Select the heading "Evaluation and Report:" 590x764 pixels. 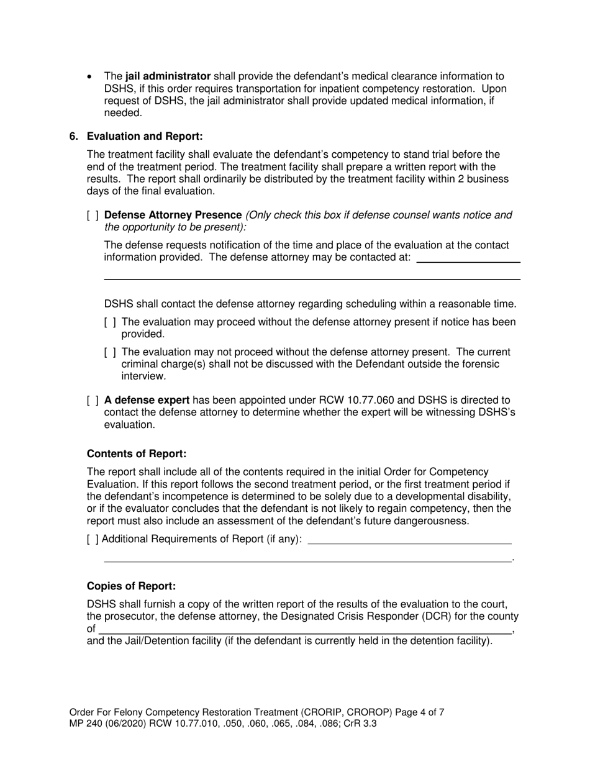click(x=145, y=136)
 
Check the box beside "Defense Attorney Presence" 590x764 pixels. click(x=93, y=216)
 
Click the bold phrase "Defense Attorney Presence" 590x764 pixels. click(x=173, y=215)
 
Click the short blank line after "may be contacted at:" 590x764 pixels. click(x=468, y=261)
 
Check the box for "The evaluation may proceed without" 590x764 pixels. click(x=110, y=322)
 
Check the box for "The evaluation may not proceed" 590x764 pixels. click(x=110, y=352)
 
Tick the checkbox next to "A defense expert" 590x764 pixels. click(x=93, y=401)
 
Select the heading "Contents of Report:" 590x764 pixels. click(x=137, y=454)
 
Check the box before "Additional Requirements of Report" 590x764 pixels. click(x=93, y=539)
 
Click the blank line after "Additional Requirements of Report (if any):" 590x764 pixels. click(x=410, y=543)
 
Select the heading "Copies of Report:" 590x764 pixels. click(x=131, y=586)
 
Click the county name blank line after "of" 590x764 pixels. click(x=304, y=632)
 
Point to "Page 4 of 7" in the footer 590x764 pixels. click(x=420, y=712)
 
